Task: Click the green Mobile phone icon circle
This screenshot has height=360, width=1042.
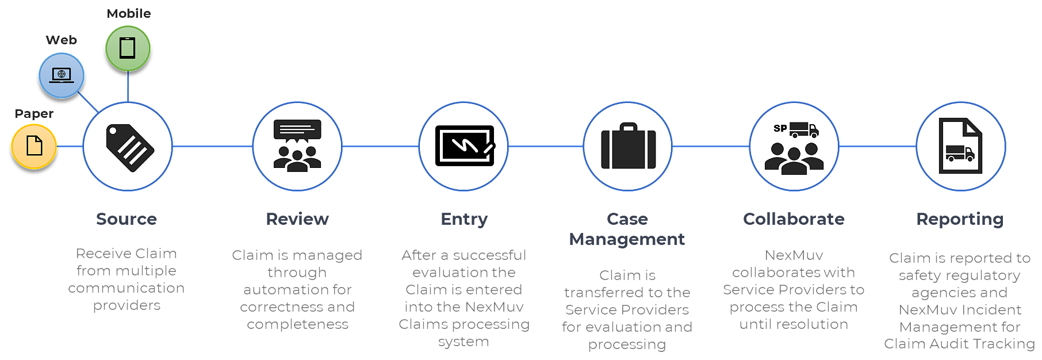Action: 128,48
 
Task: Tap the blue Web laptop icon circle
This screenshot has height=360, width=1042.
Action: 62,75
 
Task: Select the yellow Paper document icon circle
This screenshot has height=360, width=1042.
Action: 34,146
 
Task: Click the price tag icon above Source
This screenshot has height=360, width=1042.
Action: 129,147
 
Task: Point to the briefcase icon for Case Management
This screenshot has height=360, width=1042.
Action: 628,147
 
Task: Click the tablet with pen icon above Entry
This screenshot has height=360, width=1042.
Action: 464,146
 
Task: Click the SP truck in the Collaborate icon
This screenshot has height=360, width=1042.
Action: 803,129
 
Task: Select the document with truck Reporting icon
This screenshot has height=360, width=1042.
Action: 960,146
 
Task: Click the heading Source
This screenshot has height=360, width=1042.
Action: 127,219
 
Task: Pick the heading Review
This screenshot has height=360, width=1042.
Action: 297,219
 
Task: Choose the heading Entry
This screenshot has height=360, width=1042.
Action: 464,219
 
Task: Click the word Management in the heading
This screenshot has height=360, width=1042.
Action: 627,239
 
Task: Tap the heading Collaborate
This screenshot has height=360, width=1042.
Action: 794,219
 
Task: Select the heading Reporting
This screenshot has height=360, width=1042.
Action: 960,219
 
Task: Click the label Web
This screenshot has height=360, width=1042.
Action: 62,40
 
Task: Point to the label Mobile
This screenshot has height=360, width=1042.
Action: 129,14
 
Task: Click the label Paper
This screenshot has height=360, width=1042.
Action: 34,114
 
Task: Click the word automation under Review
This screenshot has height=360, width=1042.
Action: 297,290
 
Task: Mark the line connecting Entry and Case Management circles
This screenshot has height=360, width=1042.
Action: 545,146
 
